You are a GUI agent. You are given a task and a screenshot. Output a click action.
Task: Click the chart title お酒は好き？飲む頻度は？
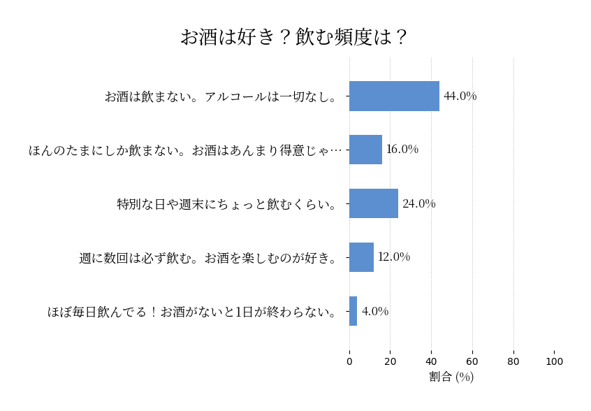[x=294, y=37]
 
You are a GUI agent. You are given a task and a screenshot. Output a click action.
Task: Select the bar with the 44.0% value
[x=394, y=96]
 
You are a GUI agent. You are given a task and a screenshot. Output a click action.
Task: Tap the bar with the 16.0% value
[x=365, y=150]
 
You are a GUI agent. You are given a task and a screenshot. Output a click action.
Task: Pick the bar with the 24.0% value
[x=374, y=203]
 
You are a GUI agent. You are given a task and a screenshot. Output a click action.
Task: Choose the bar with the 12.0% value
[x=361, y=257]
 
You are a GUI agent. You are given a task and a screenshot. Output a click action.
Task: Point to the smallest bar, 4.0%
[x=353, y=311]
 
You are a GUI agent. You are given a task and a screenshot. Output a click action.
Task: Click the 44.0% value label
[x=460, y=96]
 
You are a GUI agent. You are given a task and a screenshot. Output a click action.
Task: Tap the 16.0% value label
[x=402, y=150]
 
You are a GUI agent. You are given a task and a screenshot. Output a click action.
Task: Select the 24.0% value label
[x=418, y=203]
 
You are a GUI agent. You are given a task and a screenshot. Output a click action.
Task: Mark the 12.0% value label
[x=394, y=257]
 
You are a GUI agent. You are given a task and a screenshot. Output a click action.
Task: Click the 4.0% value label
[x=374, y=311]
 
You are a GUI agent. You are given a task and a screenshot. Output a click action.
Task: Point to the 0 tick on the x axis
[x=349, y=361]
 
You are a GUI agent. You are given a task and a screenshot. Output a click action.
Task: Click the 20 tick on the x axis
[x=391, y=361]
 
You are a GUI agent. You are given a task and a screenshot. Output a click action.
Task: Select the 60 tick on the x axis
[x=472, y=361]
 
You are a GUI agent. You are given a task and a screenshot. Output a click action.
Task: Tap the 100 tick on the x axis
[x=555, y=361]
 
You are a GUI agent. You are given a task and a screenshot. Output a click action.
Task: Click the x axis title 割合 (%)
[x=451, y=377]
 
